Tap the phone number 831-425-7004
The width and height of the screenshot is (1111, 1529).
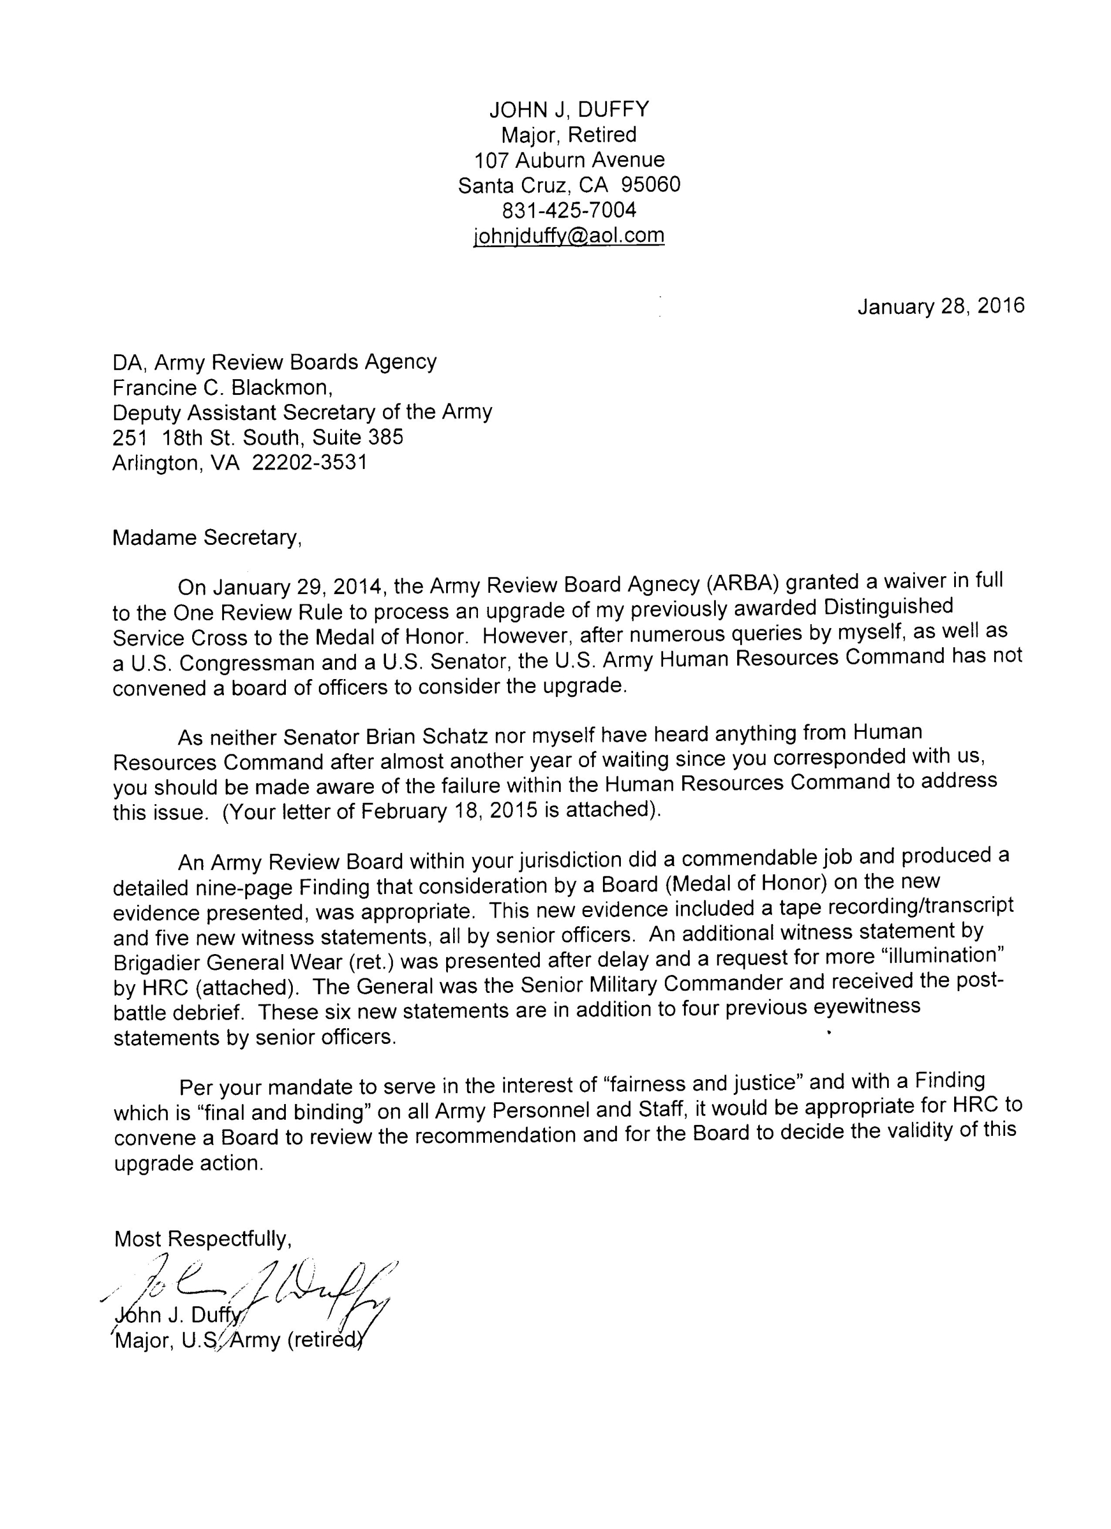569,210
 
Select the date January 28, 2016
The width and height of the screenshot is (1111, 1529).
940,306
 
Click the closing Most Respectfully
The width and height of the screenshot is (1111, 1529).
203,1238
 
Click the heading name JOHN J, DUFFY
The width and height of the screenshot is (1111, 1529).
569,109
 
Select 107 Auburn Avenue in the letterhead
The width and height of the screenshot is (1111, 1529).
569,160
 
